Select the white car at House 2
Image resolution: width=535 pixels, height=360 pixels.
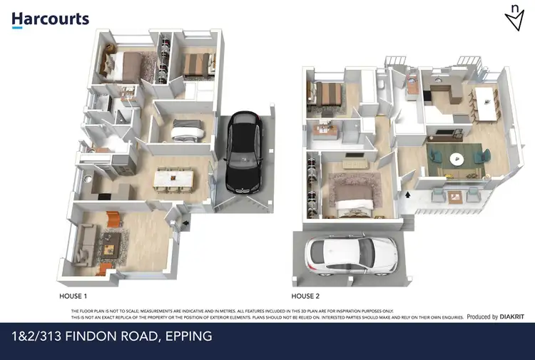click(350, 255)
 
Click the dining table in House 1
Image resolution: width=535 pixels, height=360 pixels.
click(174, 178)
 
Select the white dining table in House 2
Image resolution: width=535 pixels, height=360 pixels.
click(486, 103)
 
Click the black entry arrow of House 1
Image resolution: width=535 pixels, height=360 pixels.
click(186, 224)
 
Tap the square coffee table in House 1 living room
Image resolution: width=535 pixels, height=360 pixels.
click(110, 248)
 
